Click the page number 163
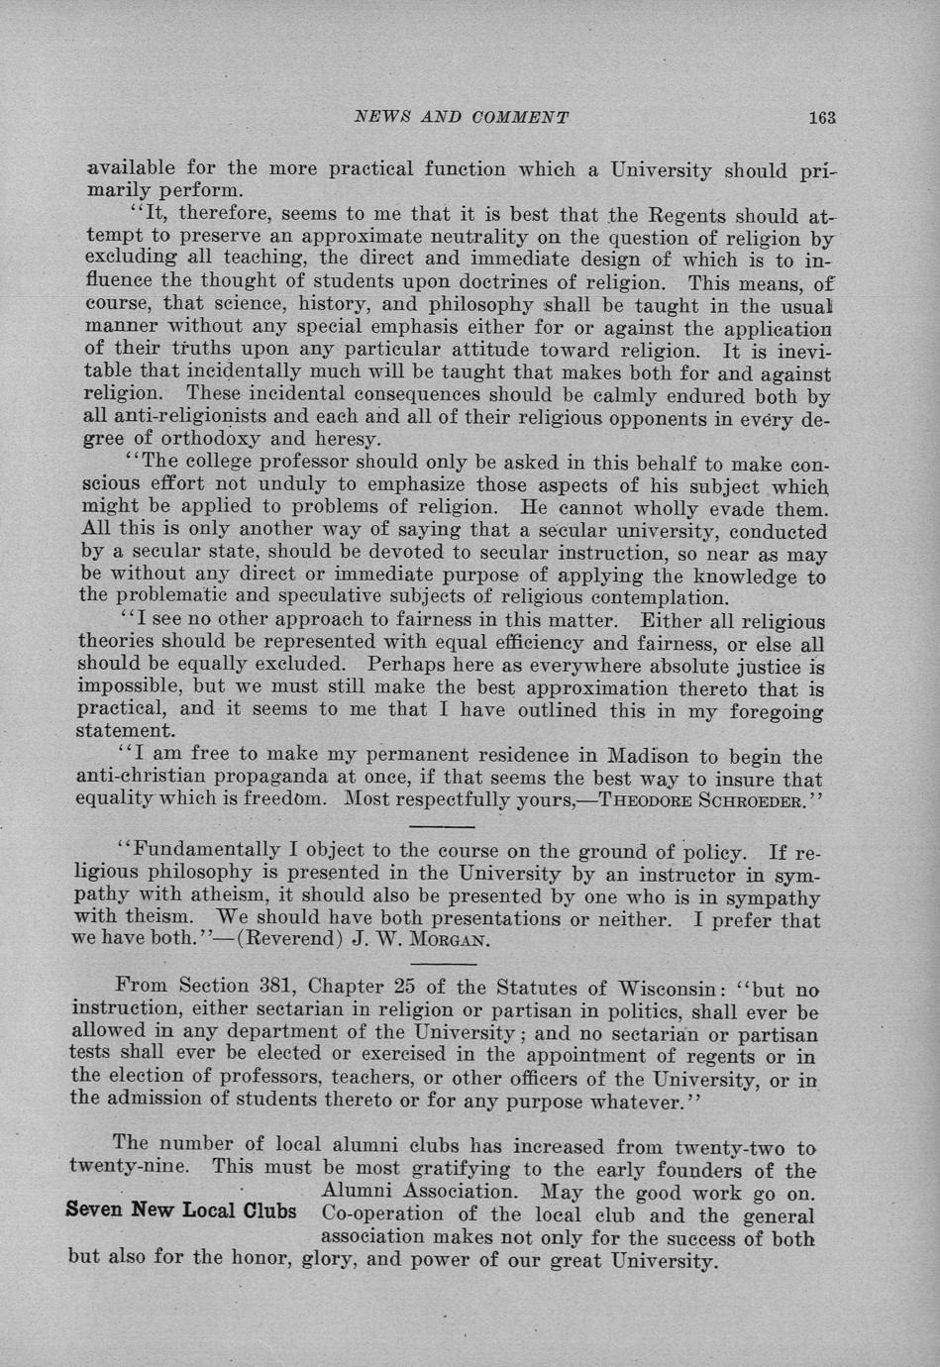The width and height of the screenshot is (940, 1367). (x=822, y=117)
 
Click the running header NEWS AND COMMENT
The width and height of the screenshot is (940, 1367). (x=462, y=117)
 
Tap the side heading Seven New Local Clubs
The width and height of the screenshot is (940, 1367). (x=181, y=1210)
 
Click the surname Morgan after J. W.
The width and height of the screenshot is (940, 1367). (x=455, y=940)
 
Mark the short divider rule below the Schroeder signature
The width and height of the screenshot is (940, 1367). (x=443, y=826)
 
